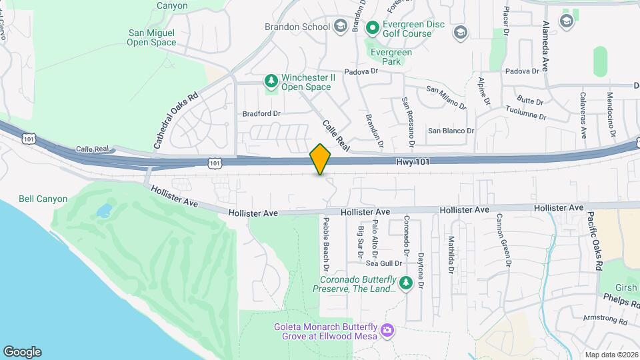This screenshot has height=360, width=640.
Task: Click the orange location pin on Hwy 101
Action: (320, 159)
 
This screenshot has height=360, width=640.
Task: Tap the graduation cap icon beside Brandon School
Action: (341, 27)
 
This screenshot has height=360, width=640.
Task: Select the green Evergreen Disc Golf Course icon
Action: (372, 27)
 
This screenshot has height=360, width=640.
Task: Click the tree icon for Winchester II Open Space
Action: (271, 81)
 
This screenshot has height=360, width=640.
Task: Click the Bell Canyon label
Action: (43, 199)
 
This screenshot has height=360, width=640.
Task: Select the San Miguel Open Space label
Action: (152, 37)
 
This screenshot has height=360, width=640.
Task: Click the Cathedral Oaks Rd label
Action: (176, 120)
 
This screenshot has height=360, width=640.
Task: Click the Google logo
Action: (22, 352)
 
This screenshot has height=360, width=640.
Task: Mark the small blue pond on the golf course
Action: (104, 211)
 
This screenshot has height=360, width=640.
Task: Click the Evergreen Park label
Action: (392, 57)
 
